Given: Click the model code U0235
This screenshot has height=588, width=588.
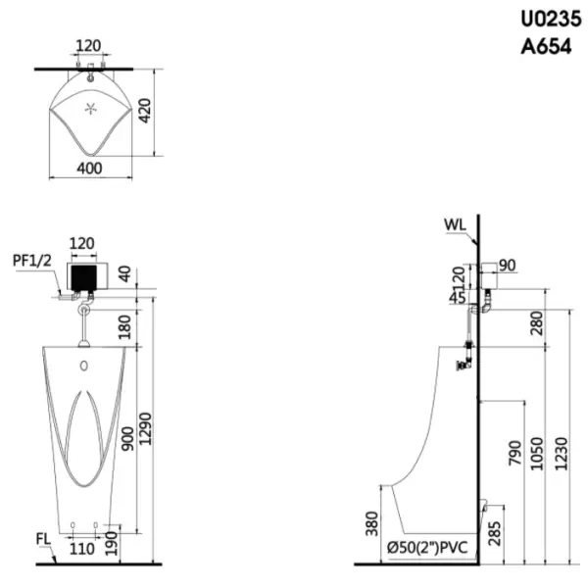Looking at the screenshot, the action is pyautogui.click(x=551, y=20).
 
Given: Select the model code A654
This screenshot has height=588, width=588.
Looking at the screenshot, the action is pyautogui.click(x=547, y=46).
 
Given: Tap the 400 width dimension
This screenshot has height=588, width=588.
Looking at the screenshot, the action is pyautogui.click(x=89, y=169).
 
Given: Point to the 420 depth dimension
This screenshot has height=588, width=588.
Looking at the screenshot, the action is pyautogui.click(x=144, y=110).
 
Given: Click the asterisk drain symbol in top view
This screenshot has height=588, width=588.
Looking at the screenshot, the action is pyautogui.click(x=91, y=109).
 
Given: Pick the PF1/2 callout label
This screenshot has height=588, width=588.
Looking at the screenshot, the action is pyautogui.click(x=32, y=261).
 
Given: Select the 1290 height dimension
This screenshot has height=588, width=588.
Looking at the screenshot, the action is pyautogui.click(x=145, y=428).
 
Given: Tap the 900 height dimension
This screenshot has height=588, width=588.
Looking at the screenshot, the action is pyautogui.click(x=127, y=438).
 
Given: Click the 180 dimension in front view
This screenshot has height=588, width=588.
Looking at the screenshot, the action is pyautogui.click(x=124, y=327).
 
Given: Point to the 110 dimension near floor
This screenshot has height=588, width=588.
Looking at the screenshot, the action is pyautogui.click(x=82, y=549).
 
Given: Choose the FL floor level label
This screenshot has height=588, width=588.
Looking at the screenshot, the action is pyautogui.click(x=43, y=539).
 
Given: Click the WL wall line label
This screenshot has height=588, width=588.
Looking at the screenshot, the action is pyautogui.click(x=455, y=224).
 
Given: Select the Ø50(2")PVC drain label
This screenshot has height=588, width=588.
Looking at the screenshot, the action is pyautogui.click(x=427, y=548).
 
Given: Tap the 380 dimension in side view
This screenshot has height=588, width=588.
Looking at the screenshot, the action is pyautogui.click(x=372, y=523).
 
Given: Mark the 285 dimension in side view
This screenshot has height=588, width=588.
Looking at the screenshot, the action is pyautogui.click(x=495, y=533).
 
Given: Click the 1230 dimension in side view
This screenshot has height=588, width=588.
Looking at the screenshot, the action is pyautogui.click(x=562, y=454).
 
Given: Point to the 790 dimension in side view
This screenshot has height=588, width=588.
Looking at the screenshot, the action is pyautogui.click(x=514, y=453).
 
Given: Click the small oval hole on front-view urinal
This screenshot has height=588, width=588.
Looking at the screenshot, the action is pyautogui.click(x=84, y=366).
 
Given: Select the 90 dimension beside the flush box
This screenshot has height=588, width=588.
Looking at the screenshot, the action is pyautogui.click(x=508, y=266).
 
